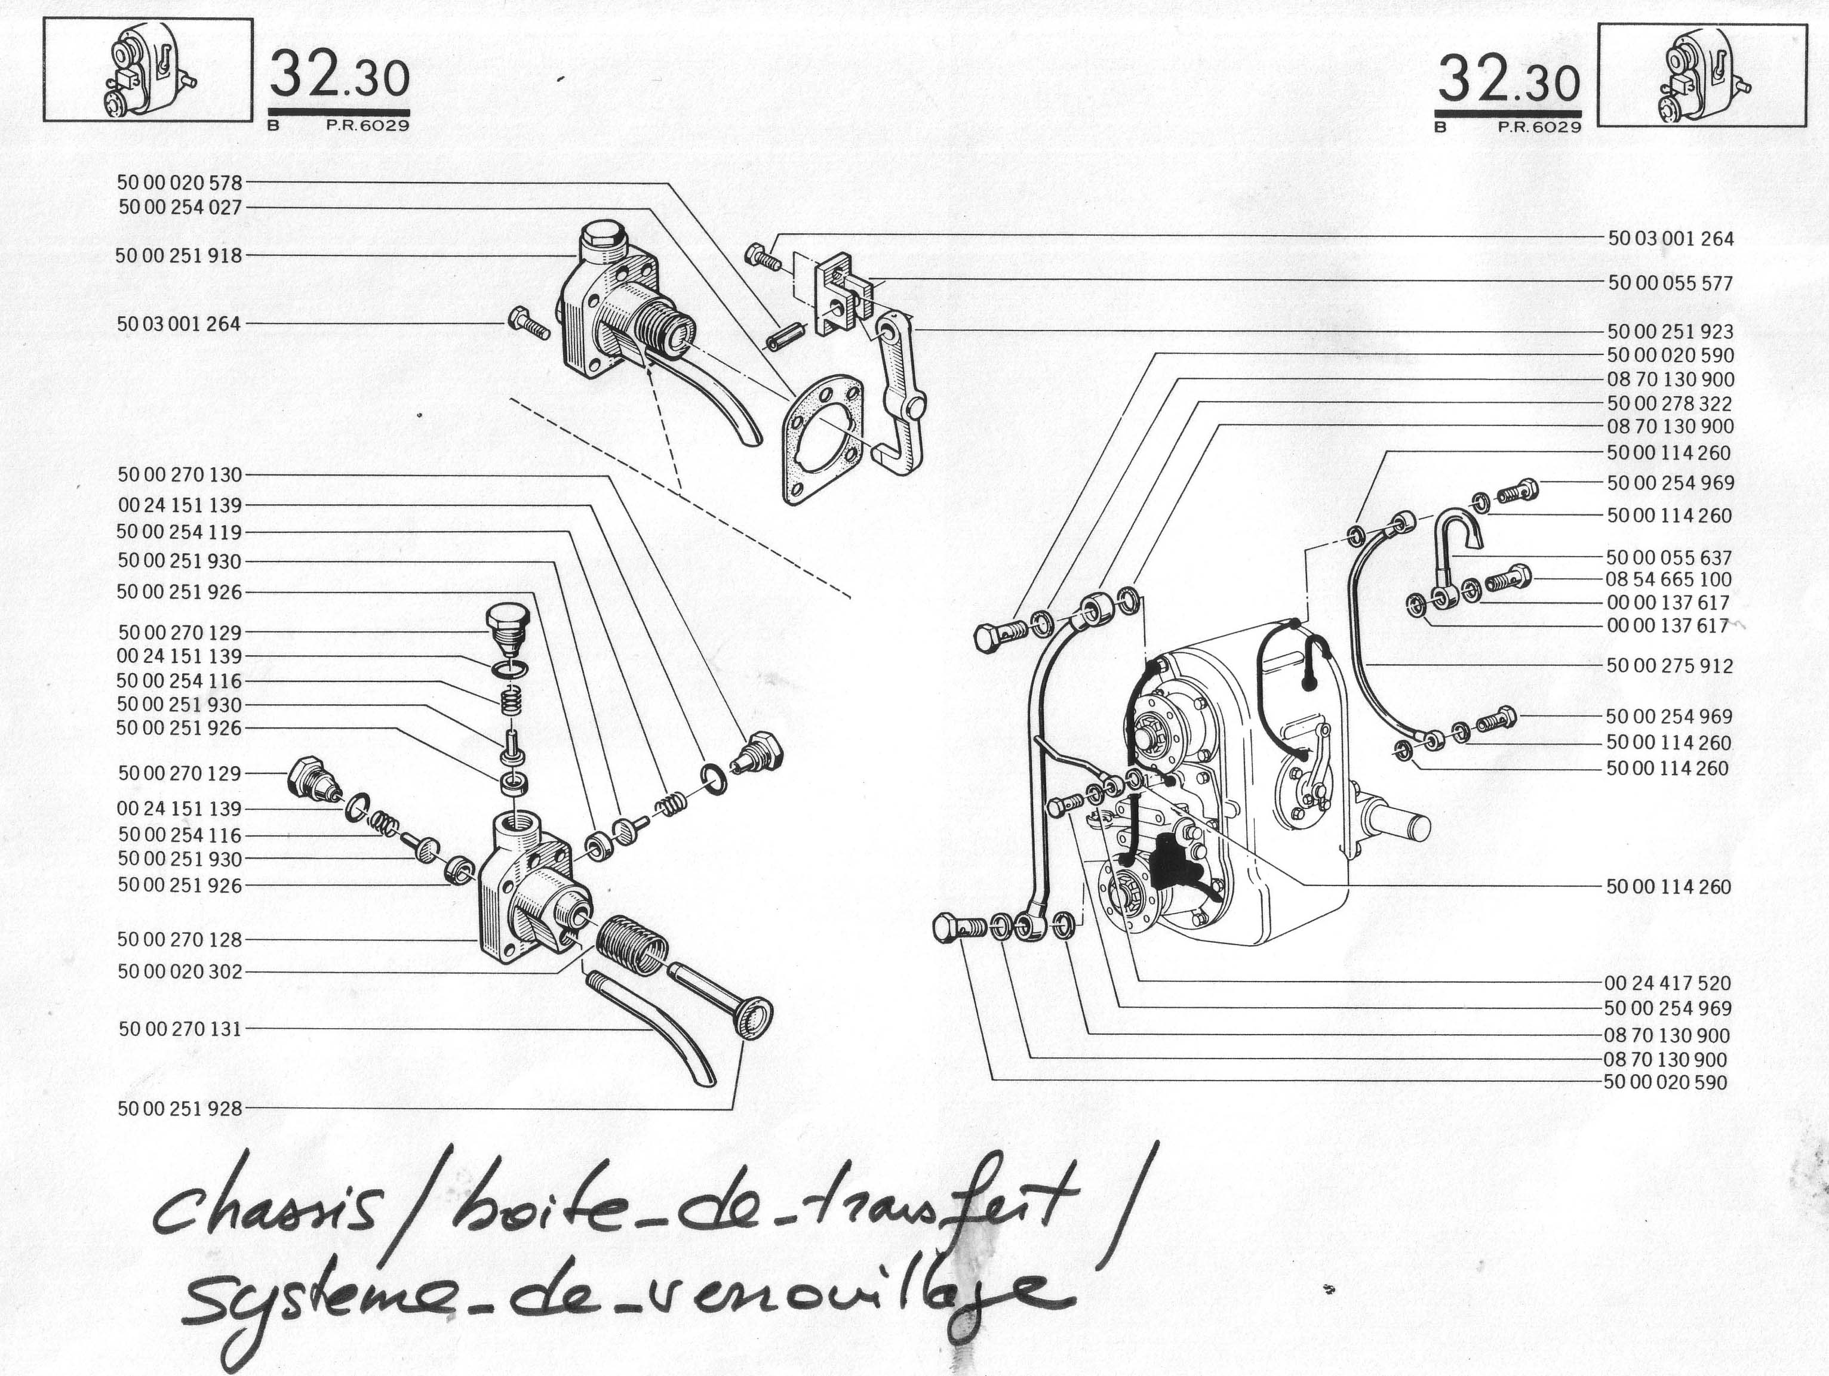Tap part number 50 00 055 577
click(1670, 283)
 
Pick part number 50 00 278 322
click(1670, 403)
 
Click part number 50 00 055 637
click(1668, 558)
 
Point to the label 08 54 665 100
click(1668, 579)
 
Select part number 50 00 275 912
click(1670, 665)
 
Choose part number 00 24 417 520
click(1668, 983)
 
